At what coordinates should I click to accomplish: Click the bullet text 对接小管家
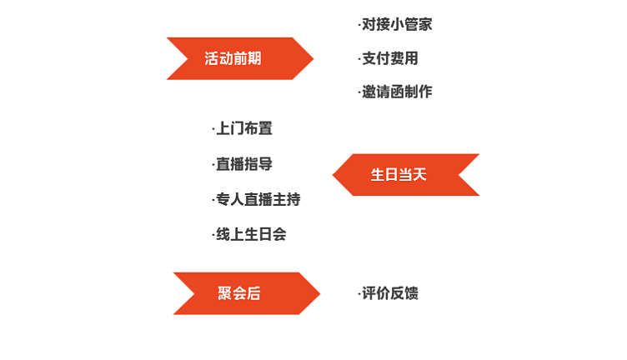coord(396,25)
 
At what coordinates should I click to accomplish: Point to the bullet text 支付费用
coord(389,58)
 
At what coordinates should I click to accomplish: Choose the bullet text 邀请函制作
coord(396,92)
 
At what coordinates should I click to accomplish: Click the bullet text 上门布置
coord(243,129)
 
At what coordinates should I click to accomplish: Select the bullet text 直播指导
coord(243,164)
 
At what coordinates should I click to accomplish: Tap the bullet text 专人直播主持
coord(257,199)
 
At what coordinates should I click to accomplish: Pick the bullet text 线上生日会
coord(250,234)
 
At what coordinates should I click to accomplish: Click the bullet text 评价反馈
coord(389,293)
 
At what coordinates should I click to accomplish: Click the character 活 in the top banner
coord(212,58)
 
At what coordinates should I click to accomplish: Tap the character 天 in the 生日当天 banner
coord(419,175)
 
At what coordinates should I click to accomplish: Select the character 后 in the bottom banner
coord(253,293)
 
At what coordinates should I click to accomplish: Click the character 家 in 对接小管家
coord(425,25)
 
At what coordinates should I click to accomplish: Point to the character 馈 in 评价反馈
coord(411,293)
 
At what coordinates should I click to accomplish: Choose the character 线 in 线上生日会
coord(223,234)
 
